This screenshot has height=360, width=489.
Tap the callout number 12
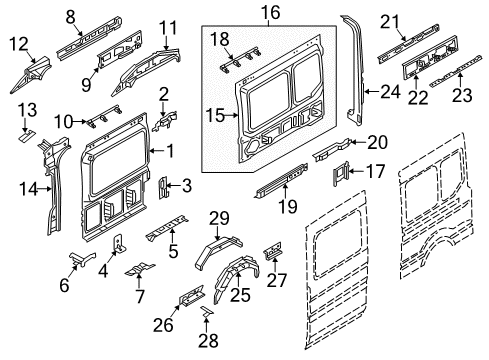click(x=19, y=43)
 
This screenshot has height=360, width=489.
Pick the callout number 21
click(x=388, y=19)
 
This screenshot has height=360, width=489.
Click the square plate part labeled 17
click(x=341, y=174)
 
